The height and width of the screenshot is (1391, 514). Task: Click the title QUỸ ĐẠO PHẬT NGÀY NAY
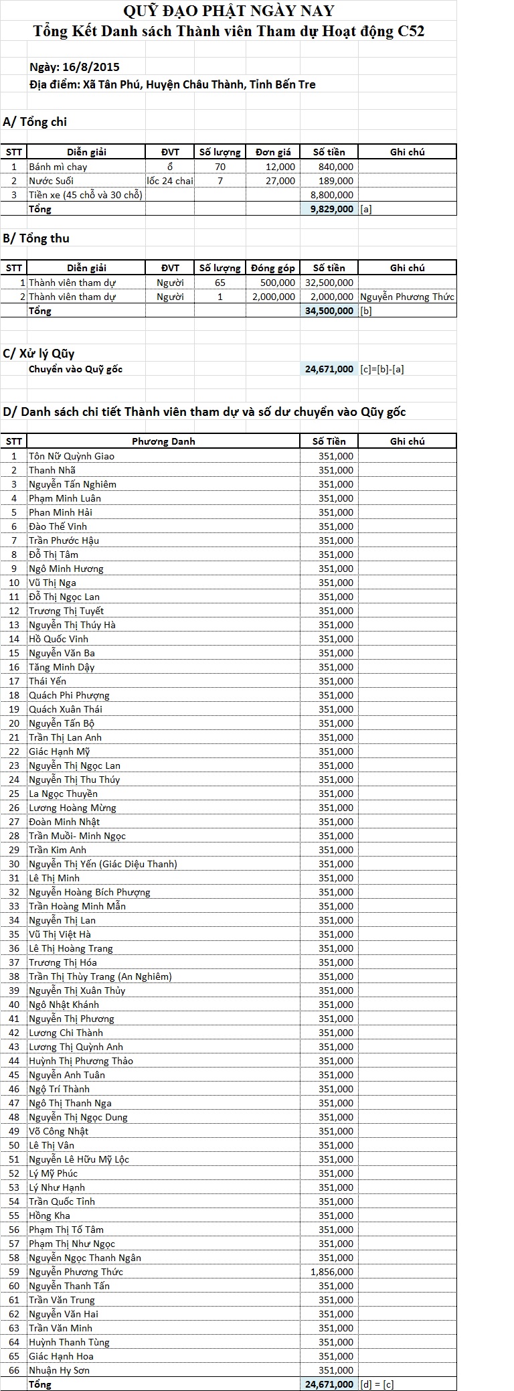[x=229, y=11]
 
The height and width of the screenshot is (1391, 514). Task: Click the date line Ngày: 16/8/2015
[x=74, y=67]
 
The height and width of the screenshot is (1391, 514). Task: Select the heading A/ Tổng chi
[x=35, y=122]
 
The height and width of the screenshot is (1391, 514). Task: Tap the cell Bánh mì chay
[x=58, y=167]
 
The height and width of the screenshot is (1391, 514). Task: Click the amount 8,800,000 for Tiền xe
[x=332, y=195]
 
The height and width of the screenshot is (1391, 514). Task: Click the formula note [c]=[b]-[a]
[x=381, y=369]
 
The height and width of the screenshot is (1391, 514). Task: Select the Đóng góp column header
[x=273, y=268]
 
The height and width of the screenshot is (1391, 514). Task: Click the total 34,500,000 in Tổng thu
[x=329, y=311]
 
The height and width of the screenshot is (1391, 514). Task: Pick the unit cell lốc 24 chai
[x=170, y=181]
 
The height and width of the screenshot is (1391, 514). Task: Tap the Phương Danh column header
[x=163, y=441]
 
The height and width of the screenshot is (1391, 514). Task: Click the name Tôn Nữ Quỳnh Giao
[x=72, y=456]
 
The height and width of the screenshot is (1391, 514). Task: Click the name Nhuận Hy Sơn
[x=59, y=1370]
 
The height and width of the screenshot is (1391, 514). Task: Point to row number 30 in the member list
[x=14, y=864]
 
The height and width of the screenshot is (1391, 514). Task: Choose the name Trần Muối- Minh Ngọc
[x=77, y=836]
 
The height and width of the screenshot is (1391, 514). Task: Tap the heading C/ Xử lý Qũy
[x=39, y=354]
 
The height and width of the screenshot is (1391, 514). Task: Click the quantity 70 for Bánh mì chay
[x=220, y=167]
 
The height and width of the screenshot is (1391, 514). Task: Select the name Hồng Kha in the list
[x=50, y=1216]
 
